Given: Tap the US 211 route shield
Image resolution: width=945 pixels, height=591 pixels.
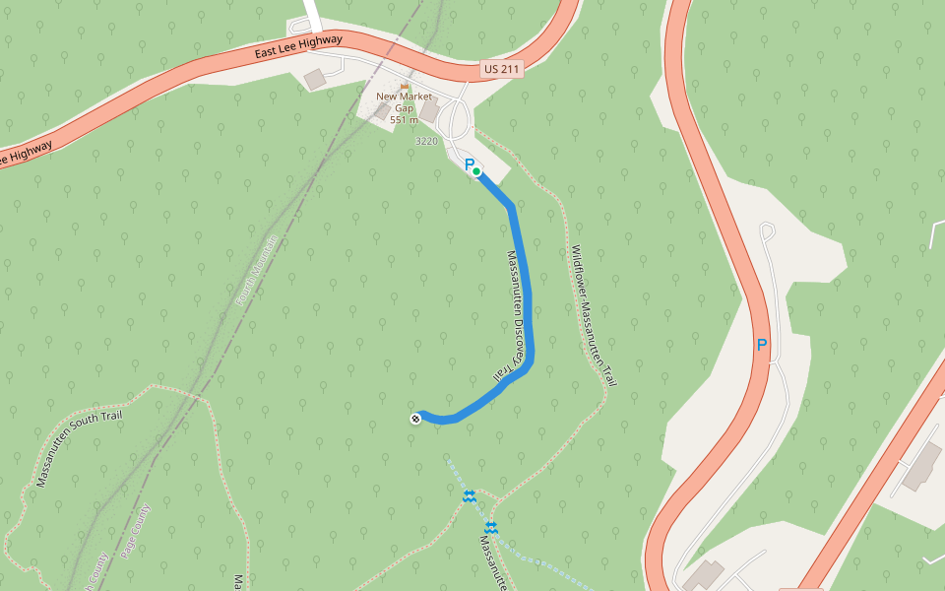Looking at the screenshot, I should point(501,69).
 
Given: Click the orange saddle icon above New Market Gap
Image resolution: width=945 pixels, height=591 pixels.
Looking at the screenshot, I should point(405,86).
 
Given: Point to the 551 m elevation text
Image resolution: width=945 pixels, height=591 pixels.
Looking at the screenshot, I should point(404,120).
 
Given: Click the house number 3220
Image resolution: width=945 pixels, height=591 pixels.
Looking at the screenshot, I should point(426,142).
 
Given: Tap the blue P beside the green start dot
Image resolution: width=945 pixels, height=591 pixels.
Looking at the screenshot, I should point(469,164).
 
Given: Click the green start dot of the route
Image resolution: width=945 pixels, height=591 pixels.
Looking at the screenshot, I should point(476,171).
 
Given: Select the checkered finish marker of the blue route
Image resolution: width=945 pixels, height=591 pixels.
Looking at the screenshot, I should point(415,419).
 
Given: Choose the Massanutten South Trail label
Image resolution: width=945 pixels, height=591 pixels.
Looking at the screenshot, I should point(79,448).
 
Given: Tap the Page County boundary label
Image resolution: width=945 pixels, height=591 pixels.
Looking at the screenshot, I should point(135,533).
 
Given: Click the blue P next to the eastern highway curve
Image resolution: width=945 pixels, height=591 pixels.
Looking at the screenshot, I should point(761,345).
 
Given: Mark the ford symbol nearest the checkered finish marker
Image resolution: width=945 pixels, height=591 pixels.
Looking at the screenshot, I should point(470,495).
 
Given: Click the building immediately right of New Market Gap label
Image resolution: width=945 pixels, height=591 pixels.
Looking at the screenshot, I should point(430,110).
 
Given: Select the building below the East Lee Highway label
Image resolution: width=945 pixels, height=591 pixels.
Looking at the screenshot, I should point(315,79).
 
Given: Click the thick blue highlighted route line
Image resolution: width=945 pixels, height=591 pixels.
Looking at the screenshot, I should point(527,295).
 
